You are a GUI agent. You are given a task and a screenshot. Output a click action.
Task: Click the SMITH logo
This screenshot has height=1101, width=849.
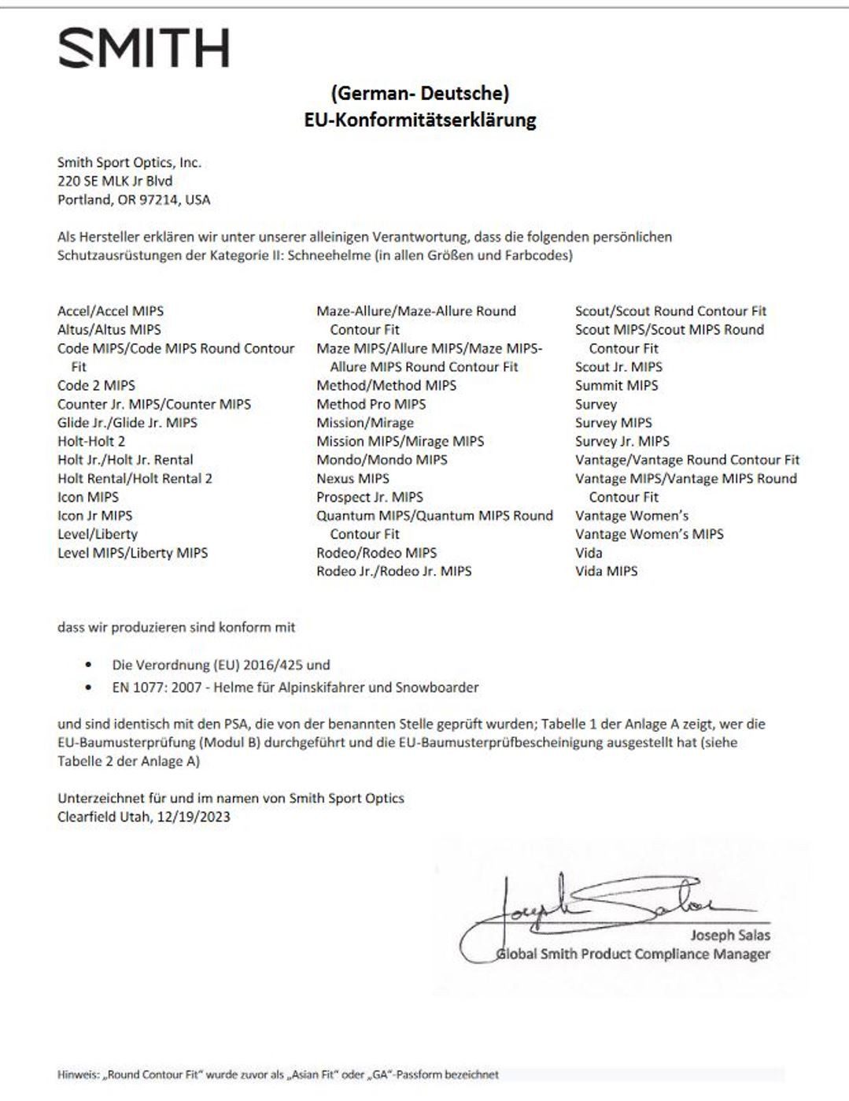coord(144,48)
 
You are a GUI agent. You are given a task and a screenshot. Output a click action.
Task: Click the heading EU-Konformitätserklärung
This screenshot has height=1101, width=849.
coord(420,120)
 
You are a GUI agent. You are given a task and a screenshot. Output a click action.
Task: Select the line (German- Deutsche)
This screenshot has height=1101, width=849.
coord(420,93)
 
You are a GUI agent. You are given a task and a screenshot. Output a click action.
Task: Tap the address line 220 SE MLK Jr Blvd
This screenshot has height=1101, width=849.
coord(115,181)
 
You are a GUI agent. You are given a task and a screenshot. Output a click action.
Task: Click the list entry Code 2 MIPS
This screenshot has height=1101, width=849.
coord(96,385)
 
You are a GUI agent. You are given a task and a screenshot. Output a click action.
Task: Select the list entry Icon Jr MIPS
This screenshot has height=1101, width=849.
coord(94,516)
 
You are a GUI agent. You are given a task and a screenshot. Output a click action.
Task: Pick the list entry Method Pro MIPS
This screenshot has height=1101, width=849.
coord(371,404)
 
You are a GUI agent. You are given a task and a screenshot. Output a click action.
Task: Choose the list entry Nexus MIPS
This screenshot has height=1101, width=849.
coord(353,478)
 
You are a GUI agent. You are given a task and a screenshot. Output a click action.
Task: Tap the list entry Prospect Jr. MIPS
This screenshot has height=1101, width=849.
coord(369,497)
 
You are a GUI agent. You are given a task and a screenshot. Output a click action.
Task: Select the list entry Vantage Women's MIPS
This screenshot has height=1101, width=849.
coord(649,534)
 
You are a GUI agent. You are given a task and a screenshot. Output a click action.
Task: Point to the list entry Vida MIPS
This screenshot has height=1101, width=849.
coord(606,571)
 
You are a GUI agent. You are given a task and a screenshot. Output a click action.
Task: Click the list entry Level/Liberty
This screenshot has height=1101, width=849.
coord(98,534)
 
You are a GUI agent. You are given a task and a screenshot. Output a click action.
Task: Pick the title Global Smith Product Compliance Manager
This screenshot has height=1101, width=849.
coord(633,955)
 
